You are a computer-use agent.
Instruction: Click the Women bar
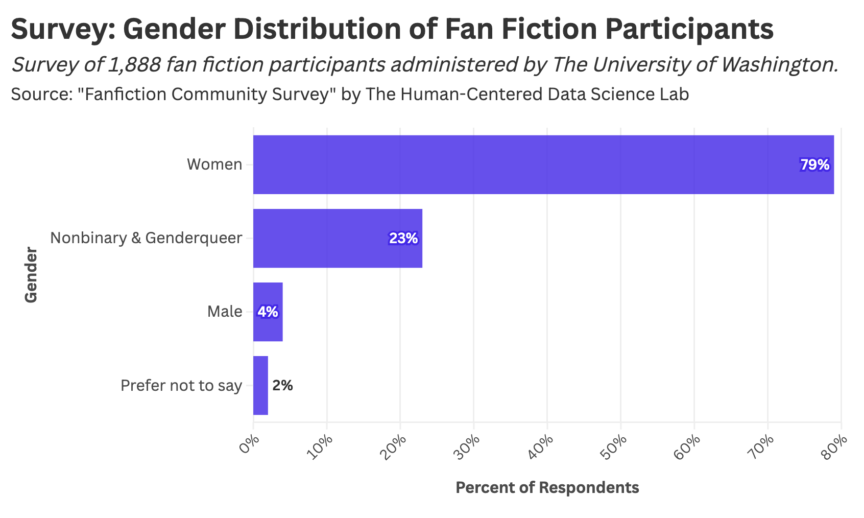pos(543,164)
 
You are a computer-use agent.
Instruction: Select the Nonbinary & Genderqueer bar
pos(338,238)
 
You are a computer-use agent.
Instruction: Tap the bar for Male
pos(268,312)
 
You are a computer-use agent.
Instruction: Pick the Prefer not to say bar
pos(260,385)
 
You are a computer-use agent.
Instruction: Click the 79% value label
pos(814,165)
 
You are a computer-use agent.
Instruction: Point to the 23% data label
pos(403,239)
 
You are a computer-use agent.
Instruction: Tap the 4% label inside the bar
pos(268,312)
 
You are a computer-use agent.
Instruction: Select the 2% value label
pos(282,386)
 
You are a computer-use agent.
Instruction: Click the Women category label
pos(214,164)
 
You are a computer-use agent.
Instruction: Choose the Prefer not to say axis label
pos(181,385)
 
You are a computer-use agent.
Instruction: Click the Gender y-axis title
pos(31,275)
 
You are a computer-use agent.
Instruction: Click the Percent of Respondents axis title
pos(547,487)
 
